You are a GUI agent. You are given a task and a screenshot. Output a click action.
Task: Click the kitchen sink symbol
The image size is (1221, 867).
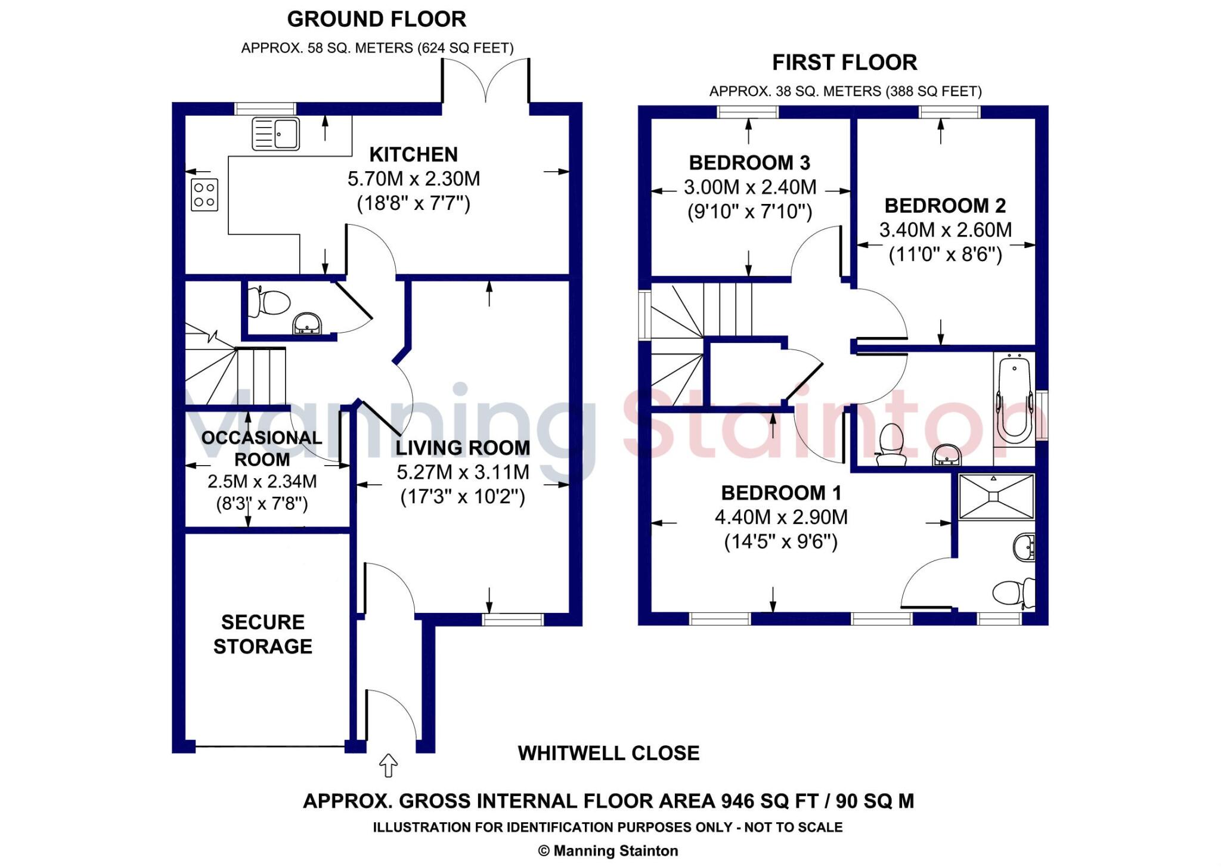[275, 133]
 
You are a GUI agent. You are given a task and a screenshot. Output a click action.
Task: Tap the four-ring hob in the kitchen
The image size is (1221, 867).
[204, 195]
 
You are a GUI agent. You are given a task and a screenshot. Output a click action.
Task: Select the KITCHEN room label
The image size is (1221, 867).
[414, 154]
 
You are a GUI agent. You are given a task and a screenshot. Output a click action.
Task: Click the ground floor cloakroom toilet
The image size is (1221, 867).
[270, 302]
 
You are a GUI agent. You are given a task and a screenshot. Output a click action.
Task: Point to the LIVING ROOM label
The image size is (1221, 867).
[463, 448]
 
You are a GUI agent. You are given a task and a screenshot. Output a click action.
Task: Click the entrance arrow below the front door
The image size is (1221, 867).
[388, 765]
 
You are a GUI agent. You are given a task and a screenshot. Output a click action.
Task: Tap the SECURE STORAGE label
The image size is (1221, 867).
[263, 634]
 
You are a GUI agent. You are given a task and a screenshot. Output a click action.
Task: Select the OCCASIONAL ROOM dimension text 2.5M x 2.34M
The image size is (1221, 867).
[262, 481]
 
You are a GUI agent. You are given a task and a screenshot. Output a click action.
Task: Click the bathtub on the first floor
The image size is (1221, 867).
[1014, 398]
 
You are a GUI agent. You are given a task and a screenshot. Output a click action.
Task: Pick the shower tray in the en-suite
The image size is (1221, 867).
[996, 497]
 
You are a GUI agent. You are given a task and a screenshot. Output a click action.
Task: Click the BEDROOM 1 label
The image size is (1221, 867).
[781, 493]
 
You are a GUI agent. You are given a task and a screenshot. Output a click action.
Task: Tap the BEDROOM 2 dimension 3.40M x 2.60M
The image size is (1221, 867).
[946, 230]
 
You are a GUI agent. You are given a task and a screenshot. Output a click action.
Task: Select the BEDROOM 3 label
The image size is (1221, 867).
[749, 162]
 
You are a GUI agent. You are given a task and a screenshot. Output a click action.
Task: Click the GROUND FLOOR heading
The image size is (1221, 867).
[377, 19]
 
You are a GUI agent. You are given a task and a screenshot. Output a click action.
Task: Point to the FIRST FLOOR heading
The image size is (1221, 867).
[845, 62]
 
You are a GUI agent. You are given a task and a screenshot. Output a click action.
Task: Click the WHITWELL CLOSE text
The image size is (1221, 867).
[609, 753]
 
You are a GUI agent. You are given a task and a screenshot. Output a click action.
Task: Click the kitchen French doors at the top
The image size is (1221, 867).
[485, 80]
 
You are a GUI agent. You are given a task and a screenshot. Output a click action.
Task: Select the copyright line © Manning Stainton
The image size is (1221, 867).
[608, 851]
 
